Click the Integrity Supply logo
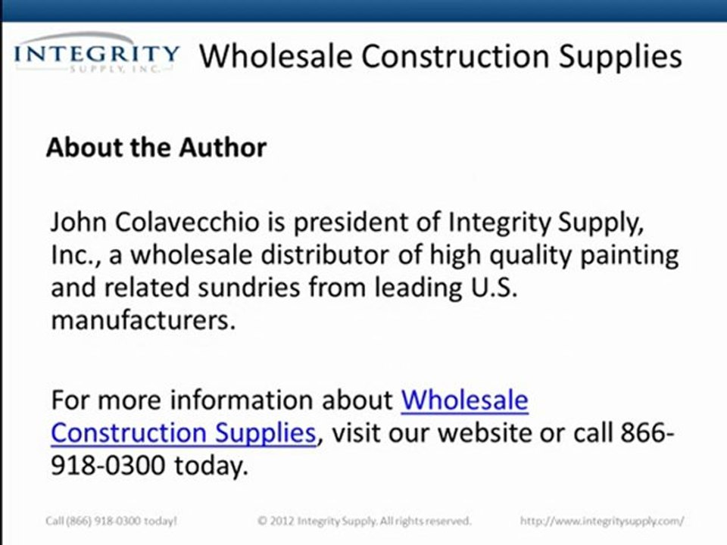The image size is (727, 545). pos(97,54)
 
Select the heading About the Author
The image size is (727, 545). pos(156,147)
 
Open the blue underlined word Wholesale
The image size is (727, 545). pos(464,400)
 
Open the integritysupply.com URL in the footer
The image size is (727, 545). pos(602,521)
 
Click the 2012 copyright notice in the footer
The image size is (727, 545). pos(364,521)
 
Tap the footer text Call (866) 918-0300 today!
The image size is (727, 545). pos(110,521)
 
